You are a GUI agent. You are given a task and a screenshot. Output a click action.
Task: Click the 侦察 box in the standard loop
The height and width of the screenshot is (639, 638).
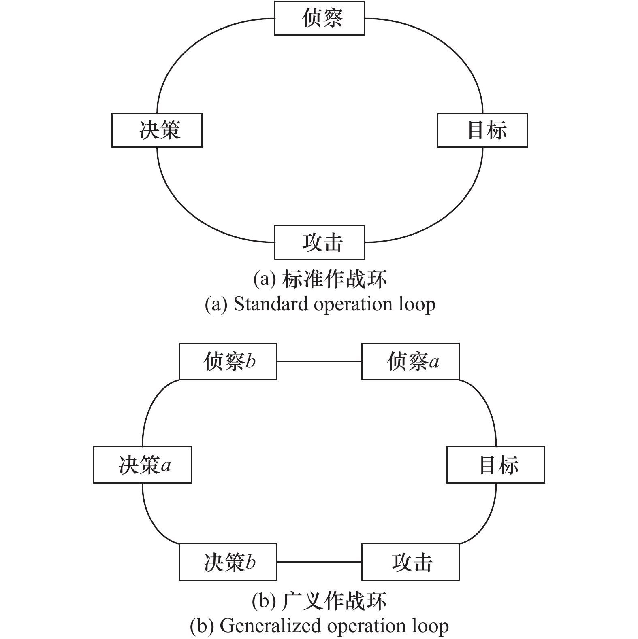point(320,18)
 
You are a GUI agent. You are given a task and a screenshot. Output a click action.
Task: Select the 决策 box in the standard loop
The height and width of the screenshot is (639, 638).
point(157,130)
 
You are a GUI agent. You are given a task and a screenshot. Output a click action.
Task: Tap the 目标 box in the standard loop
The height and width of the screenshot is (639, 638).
point(482,130)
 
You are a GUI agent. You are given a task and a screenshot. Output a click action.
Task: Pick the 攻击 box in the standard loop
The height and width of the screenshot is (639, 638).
point(320,242)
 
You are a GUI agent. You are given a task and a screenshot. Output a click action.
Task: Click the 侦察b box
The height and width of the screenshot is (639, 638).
point(228,361)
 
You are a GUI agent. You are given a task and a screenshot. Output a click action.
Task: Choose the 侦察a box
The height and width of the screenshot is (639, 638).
point(410,361)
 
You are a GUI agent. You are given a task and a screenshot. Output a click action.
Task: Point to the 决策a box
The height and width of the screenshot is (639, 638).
point(142,465)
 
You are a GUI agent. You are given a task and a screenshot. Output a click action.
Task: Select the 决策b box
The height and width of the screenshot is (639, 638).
point(228,562)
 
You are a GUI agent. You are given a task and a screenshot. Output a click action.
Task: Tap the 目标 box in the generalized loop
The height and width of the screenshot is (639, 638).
point(495,465)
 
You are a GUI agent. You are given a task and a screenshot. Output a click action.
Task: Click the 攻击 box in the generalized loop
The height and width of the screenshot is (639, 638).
point(410,562)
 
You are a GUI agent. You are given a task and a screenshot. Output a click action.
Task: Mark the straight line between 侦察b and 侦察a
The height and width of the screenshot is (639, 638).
point(319,361)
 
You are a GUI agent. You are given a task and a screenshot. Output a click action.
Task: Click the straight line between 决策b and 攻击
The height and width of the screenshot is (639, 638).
point(319,562)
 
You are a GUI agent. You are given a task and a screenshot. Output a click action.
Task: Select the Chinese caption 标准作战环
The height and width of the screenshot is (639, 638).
point(334,279)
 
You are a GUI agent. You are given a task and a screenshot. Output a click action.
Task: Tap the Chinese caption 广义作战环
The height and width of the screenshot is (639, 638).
point(334,601)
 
